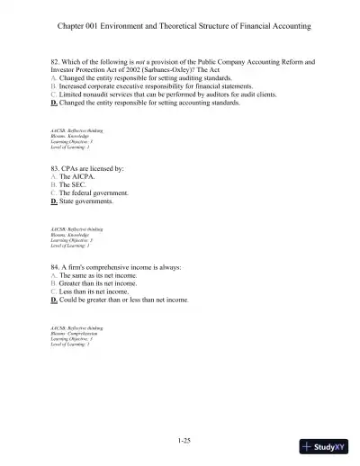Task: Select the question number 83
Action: click(55, 169)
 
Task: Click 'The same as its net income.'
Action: click(101, 276)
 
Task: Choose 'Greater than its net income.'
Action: click(102, 284)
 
